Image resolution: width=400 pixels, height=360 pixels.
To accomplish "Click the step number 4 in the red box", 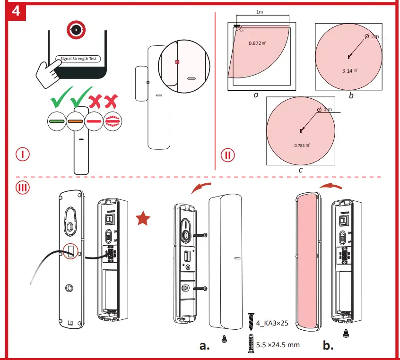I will point(16,10).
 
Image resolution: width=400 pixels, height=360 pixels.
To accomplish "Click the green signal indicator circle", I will point(57,121).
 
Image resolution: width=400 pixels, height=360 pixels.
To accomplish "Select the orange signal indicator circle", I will point(76,121).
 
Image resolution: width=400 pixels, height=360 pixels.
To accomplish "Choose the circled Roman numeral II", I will point(227,154).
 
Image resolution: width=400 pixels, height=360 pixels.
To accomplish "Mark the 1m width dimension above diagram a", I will point(260,12).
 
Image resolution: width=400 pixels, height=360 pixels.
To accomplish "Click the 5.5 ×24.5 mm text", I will point(278,345).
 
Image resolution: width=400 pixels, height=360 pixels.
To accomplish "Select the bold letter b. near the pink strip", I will point(328,345).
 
